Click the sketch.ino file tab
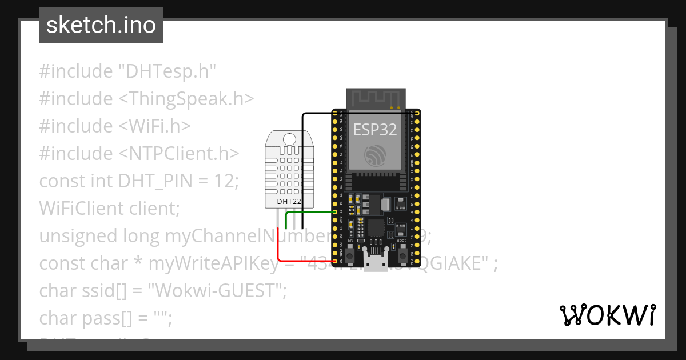coord(101,25)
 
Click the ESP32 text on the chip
coord(374,130)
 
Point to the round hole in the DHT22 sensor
coord(290,139)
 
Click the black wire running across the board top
coord(360,114)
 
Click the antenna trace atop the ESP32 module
coord(376,98)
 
